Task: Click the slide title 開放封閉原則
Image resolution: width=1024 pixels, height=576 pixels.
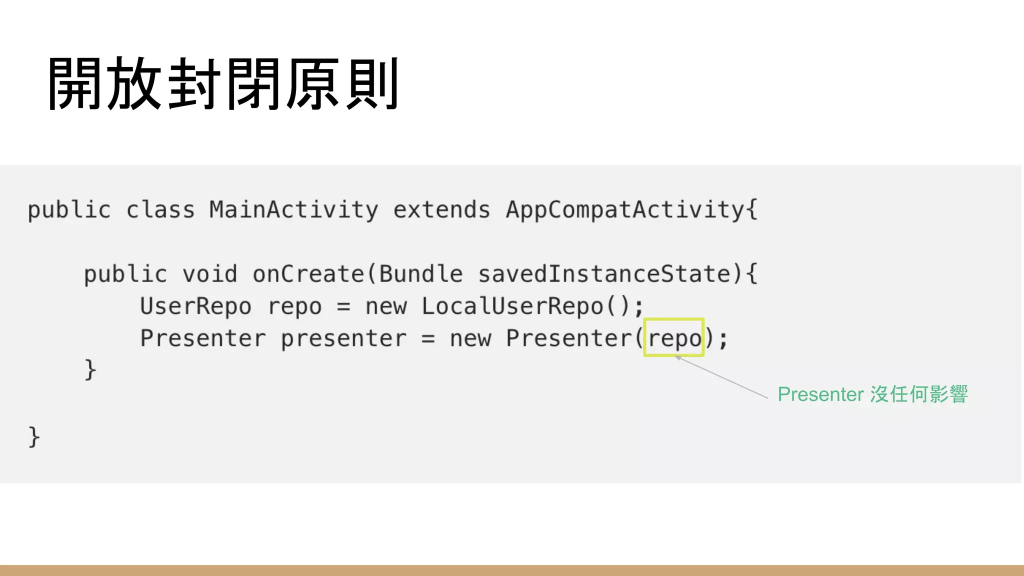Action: click(x=223, y=83)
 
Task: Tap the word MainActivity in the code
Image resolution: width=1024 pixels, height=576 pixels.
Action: click(x=293, y=209)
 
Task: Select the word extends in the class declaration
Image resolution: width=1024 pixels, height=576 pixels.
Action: click(x=441, y=209)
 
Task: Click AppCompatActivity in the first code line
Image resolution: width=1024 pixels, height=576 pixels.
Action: click(x=625, y=209)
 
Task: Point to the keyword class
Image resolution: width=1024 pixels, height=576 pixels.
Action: click(x=160, y=209)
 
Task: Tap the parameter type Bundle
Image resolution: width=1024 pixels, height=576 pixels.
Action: click(x=420, y=274)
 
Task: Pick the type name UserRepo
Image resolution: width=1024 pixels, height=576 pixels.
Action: click(x=195, y=306)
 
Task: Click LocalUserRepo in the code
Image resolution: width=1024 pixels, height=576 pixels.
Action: click(x=512, y=306)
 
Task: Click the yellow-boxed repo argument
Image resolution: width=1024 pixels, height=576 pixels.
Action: click(x=674, y=338)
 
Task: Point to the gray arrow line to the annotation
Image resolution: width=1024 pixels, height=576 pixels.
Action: click(x=722, y=377)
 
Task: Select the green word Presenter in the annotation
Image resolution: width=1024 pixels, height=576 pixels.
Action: click(x=820, y=394)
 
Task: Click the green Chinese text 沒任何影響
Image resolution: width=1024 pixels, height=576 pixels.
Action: click(x=919, y=394)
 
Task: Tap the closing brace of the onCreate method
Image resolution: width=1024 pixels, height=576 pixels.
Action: click(x=90, y=370)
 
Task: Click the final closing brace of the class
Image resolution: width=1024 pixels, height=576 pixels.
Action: click(x=33, y=436)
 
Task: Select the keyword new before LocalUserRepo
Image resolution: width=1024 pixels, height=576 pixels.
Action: click(x=386, y=306)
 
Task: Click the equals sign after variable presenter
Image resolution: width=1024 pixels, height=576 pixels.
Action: click(x=428, y=338)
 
